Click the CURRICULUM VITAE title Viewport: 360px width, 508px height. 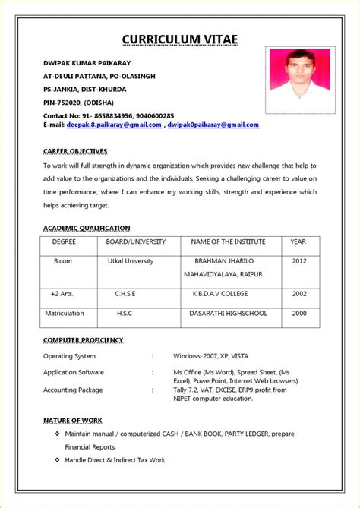tap(180, 39)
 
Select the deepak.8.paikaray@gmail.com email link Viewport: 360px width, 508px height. tap(114, 125)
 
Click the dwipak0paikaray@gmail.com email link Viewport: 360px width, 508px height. tap(213, 125)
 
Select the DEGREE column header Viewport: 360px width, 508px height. tap(64, 241)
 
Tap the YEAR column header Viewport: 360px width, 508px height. tap(298, 241)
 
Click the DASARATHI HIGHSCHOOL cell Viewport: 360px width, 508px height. tap(228, 313)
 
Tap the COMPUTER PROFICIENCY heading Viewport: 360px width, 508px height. tap(84, 340)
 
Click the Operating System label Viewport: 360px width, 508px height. tap(69, 355)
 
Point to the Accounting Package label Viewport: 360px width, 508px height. tap(73, 390)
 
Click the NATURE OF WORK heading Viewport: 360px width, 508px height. tap(73, 420)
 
